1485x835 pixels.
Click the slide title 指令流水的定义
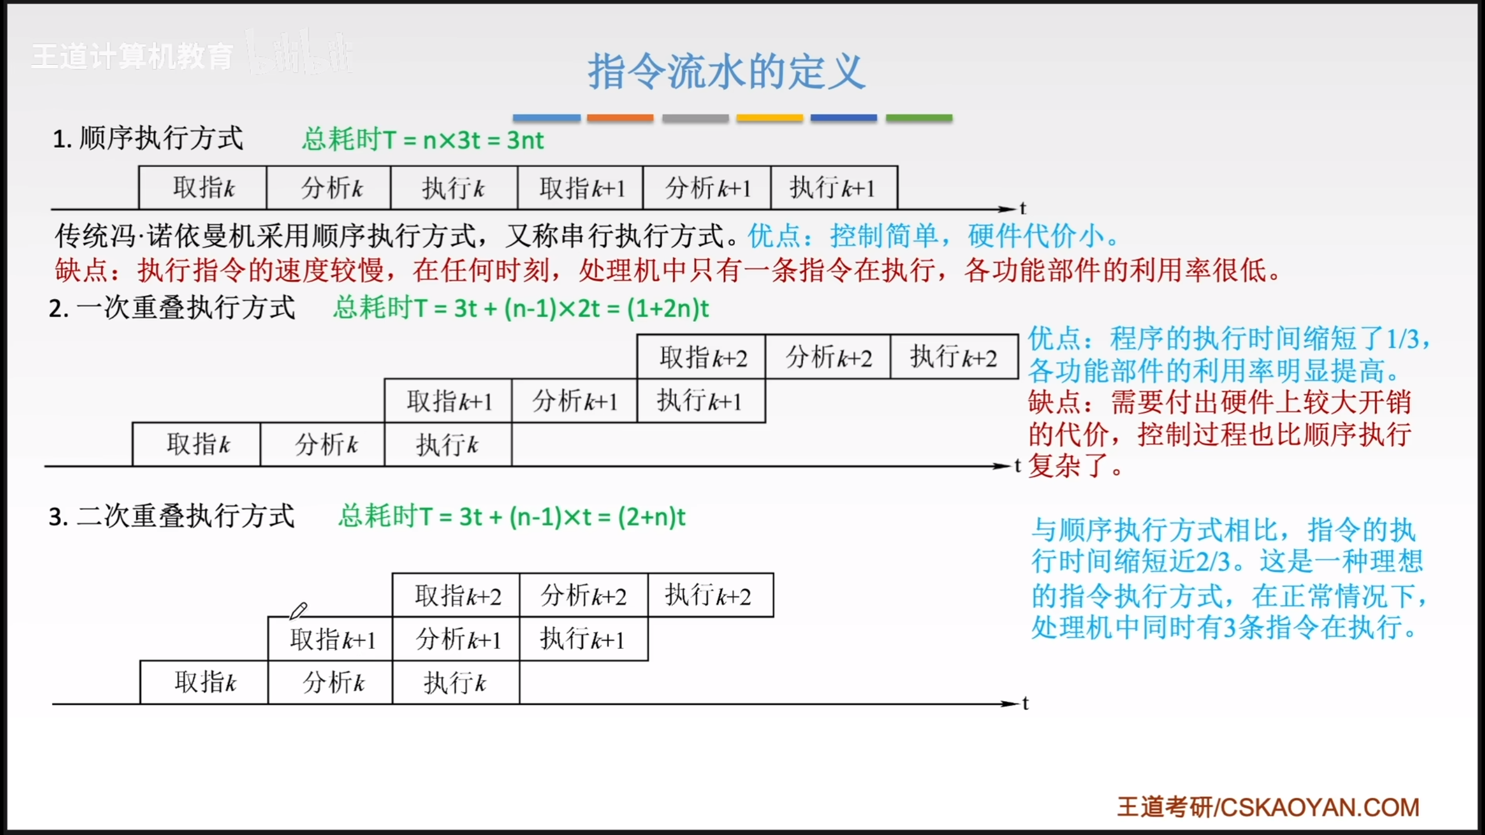click(726, 71)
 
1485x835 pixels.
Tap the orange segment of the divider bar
click(620, 118)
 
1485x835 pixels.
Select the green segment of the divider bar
click(919, 118)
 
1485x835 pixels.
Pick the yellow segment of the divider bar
click(770, 118)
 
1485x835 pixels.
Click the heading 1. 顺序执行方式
click(148, 139)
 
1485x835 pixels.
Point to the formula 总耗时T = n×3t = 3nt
click(423, 140)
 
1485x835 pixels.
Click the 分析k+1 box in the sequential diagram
click(707, 188)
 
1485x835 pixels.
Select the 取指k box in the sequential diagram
click(203, 188)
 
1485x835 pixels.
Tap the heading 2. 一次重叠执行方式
click(172, 307)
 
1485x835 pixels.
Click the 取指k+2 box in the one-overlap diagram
click(701, 357)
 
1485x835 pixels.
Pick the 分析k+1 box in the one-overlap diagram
click(575, 401)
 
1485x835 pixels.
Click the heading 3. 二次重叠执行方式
click(172, 516)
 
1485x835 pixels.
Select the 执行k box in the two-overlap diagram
click(456, 682)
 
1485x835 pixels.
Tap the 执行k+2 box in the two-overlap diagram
click(711, 595)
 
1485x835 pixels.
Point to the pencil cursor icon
click(298, 611)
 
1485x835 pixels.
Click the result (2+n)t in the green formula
click(651, 517)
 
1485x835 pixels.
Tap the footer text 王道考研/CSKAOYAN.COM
click(1269, 807)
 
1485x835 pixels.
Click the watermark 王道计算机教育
click(132, 57)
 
